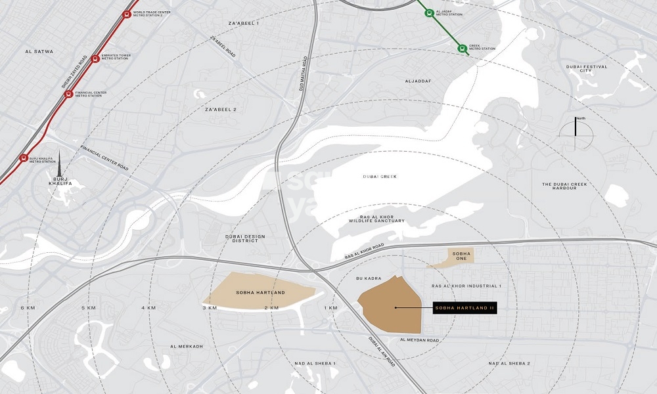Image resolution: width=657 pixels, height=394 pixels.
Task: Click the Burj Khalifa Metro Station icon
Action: click(x=24, y=158)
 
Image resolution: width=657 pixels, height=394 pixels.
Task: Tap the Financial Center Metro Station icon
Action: click(x=68, y=95)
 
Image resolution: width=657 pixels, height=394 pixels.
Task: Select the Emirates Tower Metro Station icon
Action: click(x=96, y=58)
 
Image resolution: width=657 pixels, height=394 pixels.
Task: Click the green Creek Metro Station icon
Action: click(x=463, y=47)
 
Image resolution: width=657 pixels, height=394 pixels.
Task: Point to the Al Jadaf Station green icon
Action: click(x=428, y=12)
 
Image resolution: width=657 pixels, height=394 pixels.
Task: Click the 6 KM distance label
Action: click(x=28, y=308)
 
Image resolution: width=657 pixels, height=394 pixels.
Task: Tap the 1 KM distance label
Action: click(x=330, y=308)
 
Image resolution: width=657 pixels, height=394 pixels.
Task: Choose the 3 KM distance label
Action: click(x=210, y=308)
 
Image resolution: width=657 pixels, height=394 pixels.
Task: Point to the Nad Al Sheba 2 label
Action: click(x=509, y=363)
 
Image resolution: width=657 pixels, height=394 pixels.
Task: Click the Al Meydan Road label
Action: click(x=419, y=340)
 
